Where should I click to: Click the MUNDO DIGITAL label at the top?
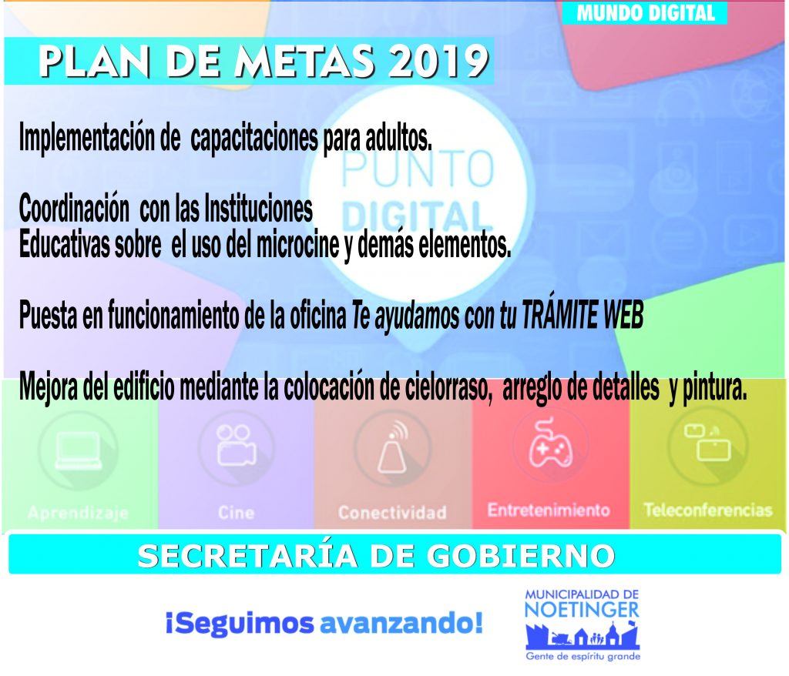coord(646,13)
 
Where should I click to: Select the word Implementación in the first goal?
coord(87,136)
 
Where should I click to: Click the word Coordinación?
coord(74,207)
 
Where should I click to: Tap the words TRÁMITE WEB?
coord(583,314)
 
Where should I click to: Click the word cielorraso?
coord(449,387)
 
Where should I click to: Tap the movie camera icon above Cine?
coord(237,445)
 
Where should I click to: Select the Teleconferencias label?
coord(708,510)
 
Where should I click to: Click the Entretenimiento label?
coord(549,510)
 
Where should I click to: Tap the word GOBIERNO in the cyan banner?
coord(520,557)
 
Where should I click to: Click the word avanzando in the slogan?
coord(401,624)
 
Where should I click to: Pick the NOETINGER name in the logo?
coord(582,610)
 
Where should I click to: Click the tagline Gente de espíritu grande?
coord(583,657)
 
